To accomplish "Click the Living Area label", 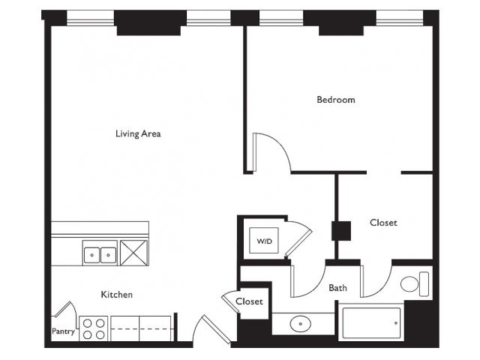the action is click(138, 133).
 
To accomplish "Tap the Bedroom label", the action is click(336, 100).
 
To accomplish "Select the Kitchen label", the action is click(117, 295).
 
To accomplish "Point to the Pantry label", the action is click(63, 331).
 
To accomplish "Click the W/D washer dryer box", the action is click(264, 241).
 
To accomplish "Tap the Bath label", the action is click(337, 288).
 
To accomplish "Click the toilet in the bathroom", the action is click(415, 284).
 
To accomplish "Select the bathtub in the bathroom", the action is click(371, 323).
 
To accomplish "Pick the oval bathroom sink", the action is click(300, 323).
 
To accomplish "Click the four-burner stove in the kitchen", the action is click(94, 328).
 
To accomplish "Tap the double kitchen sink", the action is click(100, 255).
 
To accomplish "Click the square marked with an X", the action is click(134, 253).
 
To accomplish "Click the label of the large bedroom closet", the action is click(383, 223).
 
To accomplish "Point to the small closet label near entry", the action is click(249, 301).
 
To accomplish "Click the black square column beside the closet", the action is click(341, 231).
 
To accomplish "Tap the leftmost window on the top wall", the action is click(90, 18).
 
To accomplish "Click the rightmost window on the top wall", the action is click(400, 18).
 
